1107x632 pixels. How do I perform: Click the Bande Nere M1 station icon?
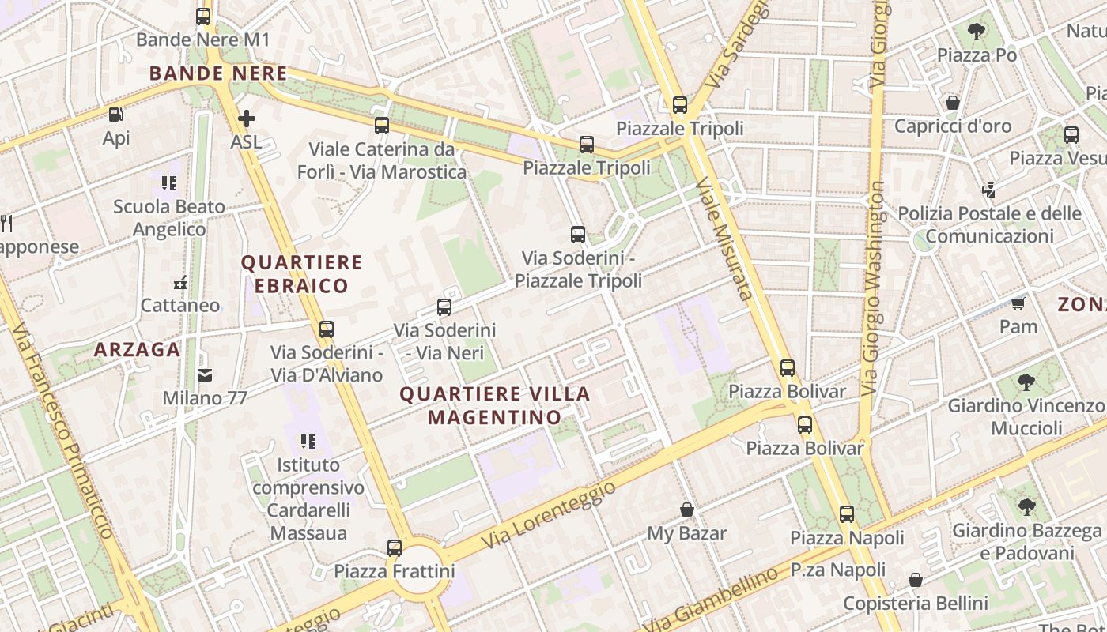[203, 16]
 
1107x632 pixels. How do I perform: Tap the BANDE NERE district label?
[218, 73]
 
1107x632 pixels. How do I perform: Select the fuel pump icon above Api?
[115, 115]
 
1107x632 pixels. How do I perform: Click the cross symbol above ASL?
[246, 118]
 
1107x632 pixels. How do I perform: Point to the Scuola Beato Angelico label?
[169, 218]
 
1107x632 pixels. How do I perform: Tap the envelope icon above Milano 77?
[205, 374]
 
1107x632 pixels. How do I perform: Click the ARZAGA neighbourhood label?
[138, 349]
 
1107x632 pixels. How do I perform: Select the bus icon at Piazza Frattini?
[394, 547]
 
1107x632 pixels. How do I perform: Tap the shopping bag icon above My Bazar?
[686, 510]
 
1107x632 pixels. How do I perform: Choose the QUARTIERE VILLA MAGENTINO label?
[495, 405]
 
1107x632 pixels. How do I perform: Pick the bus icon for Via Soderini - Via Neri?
[444, 307]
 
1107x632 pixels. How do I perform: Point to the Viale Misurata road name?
[723, 239]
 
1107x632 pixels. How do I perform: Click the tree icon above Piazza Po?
[976, 32]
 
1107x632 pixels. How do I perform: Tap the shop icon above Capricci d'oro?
[952, 103]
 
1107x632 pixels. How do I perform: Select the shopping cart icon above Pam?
[1018, 303]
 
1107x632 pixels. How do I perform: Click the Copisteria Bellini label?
[916, 604]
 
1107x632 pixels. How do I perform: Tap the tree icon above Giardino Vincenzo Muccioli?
[1026, 382]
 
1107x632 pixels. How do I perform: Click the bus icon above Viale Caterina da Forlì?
[382, 125]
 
